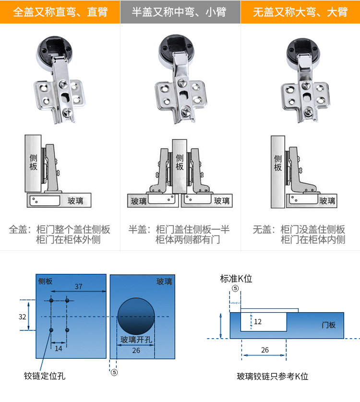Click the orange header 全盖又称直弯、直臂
tap(60, 12)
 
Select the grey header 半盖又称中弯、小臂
tap(180, 12)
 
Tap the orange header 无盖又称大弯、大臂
tap(300, 12)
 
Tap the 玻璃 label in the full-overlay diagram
tap(75, 201)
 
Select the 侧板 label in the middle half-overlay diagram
tap(180, 162)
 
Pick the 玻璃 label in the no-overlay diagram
tap(327, 201)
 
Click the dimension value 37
tap(78, 287)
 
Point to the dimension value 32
tap(22, 317)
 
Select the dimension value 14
tap(59, 348)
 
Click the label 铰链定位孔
tap(45, 376)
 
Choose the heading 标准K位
tap(236, 279)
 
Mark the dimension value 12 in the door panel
tap(258, 322)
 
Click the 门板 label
tap(329, 325)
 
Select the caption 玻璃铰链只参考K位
tap(272, 377)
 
